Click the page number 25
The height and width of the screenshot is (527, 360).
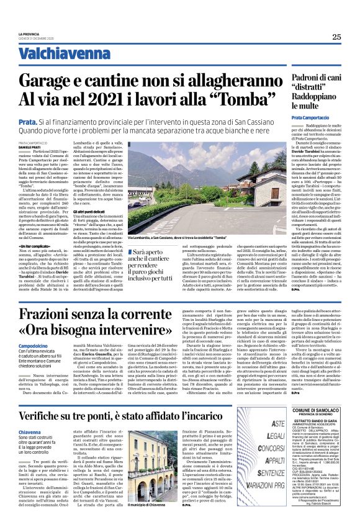(x=336, y=37)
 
